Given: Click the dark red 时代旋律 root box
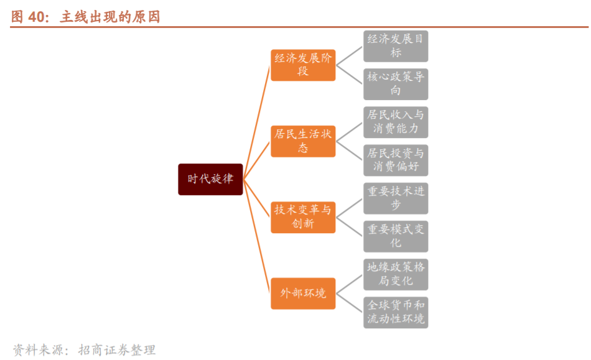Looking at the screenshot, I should (210, 179).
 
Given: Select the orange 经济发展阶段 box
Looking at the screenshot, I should (303, 65).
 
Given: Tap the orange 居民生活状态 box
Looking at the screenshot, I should (303, 141).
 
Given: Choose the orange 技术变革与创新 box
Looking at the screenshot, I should (303, 217).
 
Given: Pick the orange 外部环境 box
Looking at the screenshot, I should (303, 293).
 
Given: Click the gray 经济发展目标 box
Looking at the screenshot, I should (396, 46).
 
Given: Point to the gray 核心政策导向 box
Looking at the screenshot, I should (396, 84).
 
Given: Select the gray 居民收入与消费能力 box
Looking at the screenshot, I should (396, 122).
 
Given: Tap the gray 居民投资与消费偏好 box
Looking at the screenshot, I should (396, 160).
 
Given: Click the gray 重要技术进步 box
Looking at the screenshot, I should (396, 198).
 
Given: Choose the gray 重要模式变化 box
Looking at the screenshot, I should (396, 236).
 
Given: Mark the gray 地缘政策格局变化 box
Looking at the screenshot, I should (396, 274).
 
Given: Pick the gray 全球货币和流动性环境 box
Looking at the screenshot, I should (396, 312).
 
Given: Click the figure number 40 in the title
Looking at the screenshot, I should (37, 17).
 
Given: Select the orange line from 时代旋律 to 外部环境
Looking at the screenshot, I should (256, 236).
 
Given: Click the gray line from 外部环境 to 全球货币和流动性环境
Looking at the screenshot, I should (350, 303).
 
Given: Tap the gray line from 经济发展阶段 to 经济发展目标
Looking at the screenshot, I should (350, 55).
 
